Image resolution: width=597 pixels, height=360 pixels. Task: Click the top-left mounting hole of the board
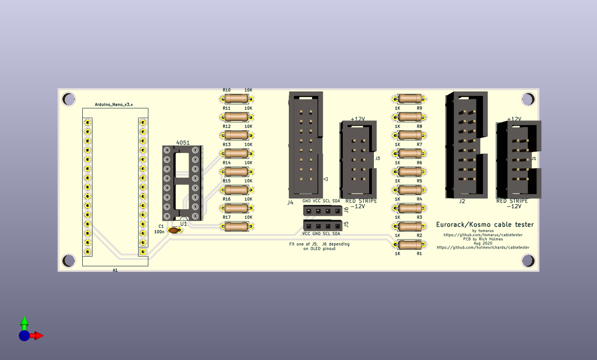point(69,99)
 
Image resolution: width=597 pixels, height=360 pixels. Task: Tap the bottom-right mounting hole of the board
point(528,260)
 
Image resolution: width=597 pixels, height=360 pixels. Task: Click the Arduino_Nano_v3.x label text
point(114,104)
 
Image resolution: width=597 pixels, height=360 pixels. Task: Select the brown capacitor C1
point(175,230)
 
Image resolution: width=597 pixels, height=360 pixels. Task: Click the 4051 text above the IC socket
point(182,142)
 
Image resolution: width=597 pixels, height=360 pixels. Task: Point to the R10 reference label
point(226,90)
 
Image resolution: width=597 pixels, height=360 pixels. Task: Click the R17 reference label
point(226,217)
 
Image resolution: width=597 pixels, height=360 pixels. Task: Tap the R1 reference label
point(419,254)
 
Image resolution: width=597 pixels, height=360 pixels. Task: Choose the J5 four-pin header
point(322,226)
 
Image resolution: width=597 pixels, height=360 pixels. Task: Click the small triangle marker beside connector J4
point(326,179)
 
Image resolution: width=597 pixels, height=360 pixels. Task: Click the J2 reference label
point(462,201)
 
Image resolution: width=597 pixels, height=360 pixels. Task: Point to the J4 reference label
point(290,202)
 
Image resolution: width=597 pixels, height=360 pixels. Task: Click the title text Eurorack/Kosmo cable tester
point(485,224)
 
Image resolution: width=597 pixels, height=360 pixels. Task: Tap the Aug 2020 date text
point(483,243)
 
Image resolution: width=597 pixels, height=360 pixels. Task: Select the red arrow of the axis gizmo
point(39,335)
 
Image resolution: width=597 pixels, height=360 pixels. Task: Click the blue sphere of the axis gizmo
point(24,335)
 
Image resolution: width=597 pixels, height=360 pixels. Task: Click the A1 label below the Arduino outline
point(115,270)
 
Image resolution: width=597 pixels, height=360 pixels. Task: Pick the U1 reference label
point(183,223)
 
